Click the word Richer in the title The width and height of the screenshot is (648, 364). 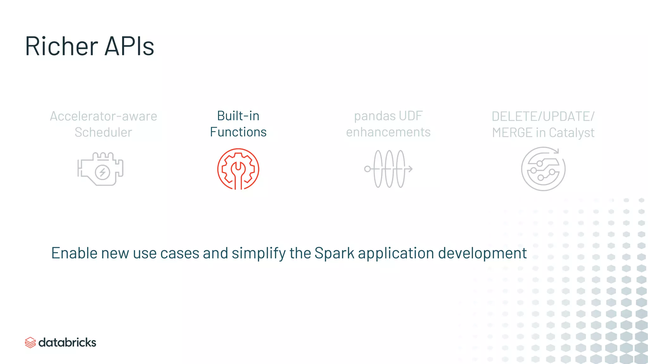62,46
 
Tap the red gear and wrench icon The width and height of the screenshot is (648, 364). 238,169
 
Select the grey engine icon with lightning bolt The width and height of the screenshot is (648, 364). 100,169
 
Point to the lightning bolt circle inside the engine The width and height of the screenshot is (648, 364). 103,173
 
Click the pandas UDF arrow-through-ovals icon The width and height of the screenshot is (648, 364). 388,169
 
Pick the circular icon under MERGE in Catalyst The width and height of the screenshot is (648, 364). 543,169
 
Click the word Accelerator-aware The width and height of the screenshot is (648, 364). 103,116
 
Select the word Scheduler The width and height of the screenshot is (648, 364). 103,132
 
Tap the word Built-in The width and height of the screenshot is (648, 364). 238,116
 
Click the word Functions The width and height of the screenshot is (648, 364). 238,132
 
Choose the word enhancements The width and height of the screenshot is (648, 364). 388,132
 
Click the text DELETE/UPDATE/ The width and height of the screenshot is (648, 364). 543,117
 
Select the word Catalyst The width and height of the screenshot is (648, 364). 571,133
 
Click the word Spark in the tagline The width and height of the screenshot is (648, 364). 334,253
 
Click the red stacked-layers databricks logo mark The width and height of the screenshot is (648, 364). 30,343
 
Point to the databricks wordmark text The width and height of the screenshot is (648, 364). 67,343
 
